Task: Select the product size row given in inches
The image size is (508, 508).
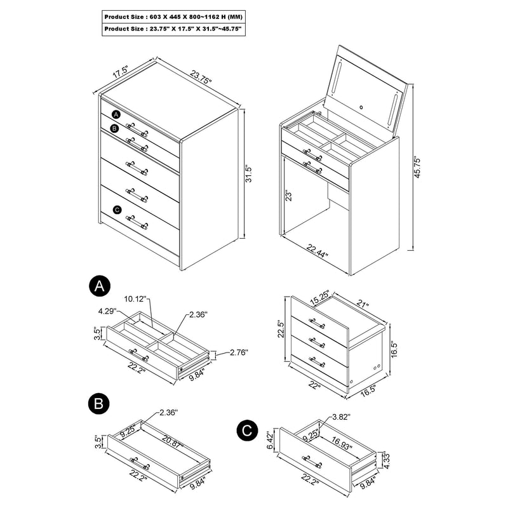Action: point(172,29)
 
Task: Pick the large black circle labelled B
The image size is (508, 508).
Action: point(98,403)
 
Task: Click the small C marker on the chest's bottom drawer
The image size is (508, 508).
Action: point(116,210)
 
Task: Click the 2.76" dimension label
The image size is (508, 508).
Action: point(237,352)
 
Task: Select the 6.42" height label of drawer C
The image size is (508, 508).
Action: point(271,438)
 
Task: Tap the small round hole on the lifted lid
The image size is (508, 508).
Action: point(363,107)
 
